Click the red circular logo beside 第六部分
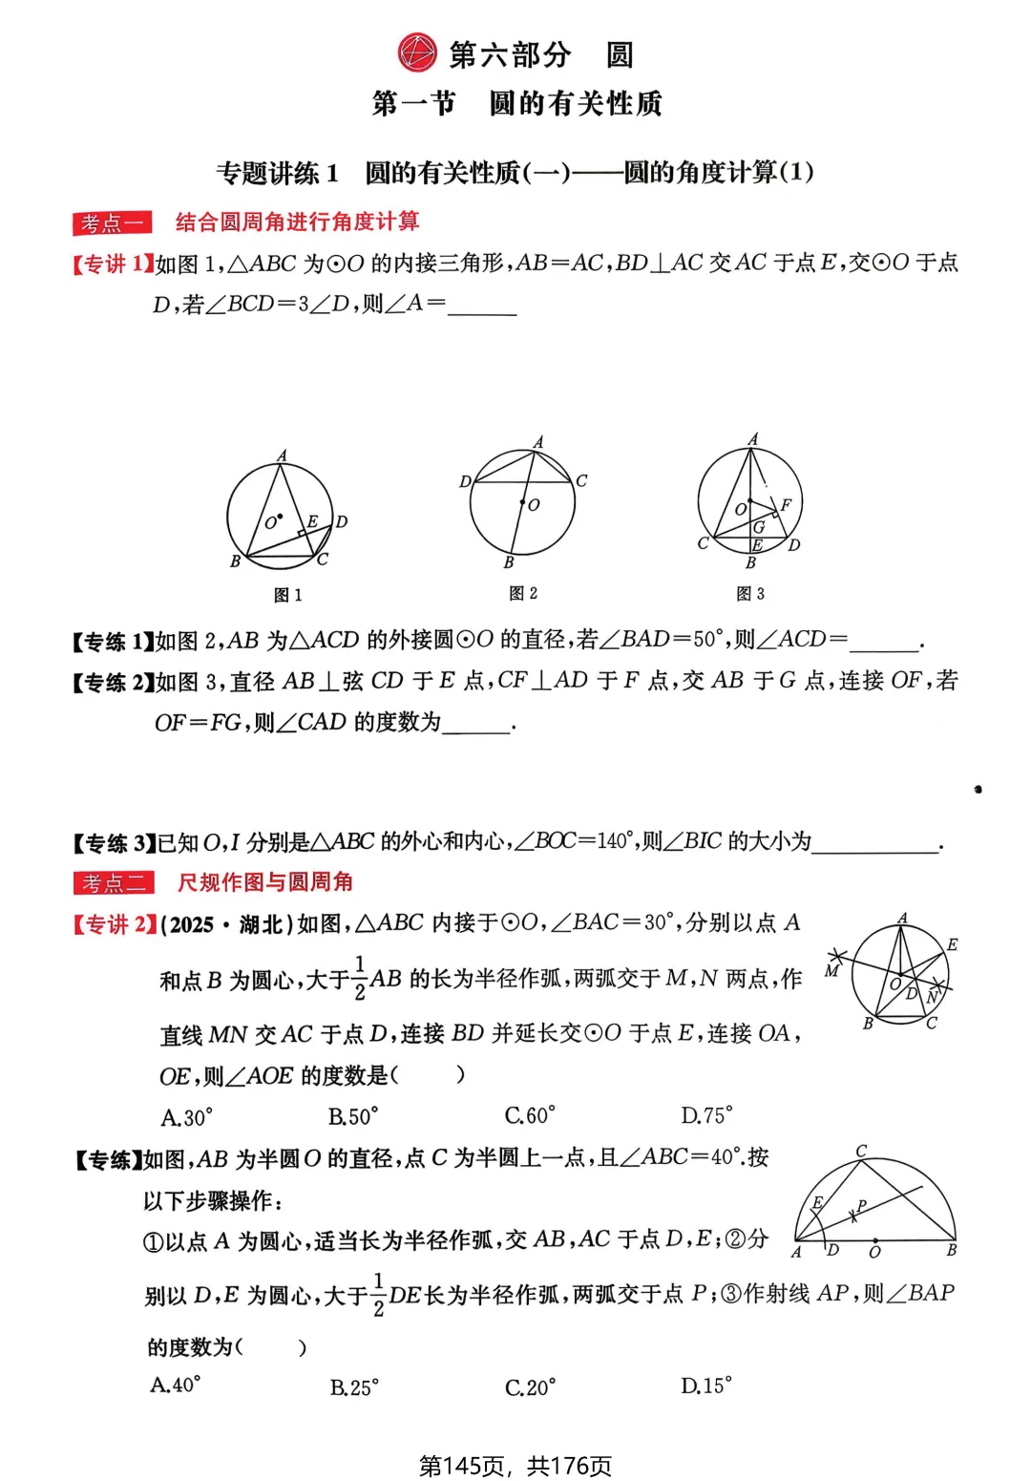coord(417,53)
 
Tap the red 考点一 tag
coord(112,223)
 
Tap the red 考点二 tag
coord(113,883)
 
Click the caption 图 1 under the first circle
coord(287,595)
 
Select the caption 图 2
coord(523,593)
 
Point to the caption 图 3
coord(750,594)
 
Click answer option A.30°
coord(187,1116)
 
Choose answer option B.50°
coord(353,1116)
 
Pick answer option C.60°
coord(530,1115)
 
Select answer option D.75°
coord(706,1115)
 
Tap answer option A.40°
coord(176,1385)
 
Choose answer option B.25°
coord(354,1387)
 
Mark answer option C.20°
coord(530,1387)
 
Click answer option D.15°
coord(706,1386)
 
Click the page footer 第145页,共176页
coord(515,1466)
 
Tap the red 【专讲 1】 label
coord(113,264)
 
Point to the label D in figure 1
coord(342,521)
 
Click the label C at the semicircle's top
coord(861,1151)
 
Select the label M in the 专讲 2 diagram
coord(831,971)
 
